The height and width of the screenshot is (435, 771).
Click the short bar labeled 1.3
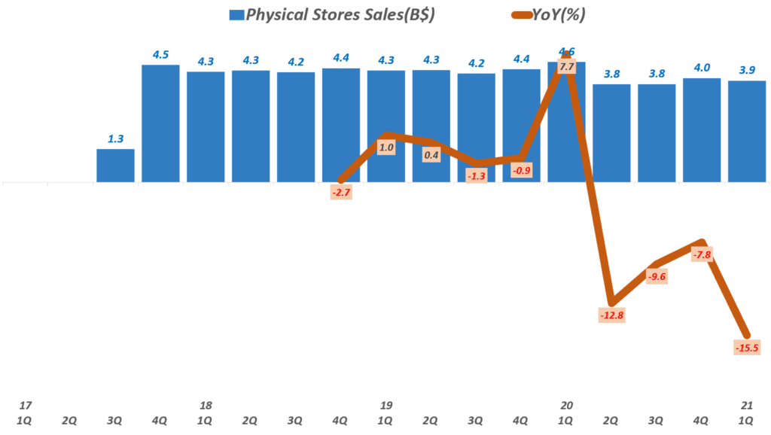115,166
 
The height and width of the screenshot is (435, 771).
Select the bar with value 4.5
160,123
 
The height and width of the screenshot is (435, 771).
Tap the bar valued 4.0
702,129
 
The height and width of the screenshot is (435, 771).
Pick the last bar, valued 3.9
747,131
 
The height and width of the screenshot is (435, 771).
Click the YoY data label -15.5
746,347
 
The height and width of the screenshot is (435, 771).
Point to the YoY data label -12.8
612,315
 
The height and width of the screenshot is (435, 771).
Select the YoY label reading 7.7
567,67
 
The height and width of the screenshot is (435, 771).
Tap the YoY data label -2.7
341,193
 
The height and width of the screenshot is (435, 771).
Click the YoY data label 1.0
386,148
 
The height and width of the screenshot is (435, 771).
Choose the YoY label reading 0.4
431,155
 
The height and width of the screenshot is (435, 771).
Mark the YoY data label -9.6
657,276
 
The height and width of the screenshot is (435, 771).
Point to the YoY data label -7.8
702,255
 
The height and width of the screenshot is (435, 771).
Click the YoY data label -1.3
477,175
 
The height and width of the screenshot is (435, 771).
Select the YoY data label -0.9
522,170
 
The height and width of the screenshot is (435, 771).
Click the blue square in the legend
236,14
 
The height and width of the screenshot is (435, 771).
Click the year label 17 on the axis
25,406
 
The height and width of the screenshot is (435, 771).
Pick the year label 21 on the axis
747,406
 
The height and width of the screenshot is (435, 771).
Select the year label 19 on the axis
386,406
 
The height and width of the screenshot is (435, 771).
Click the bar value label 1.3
115,138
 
